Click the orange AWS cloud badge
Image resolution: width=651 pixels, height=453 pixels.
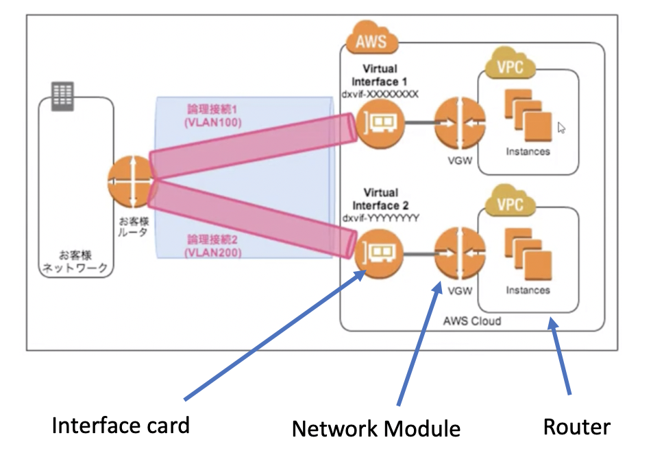[371, 38]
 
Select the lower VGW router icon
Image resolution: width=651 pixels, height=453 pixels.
[455, 253]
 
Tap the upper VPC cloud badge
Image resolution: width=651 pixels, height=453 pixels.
[509, 67]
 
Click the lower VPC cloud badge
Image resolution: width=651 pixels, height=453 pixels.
[509, 204]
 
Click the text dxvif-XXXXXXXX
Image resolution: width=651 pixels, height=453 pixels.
[380, 93]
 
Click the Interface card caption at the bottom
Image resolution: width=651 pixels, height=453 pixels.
[121, 426]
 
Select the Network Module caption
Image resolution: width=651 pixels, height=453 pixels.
[376, 429]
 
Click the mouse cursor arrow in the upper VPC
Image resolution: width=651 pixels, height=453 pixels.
[562, 127]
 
